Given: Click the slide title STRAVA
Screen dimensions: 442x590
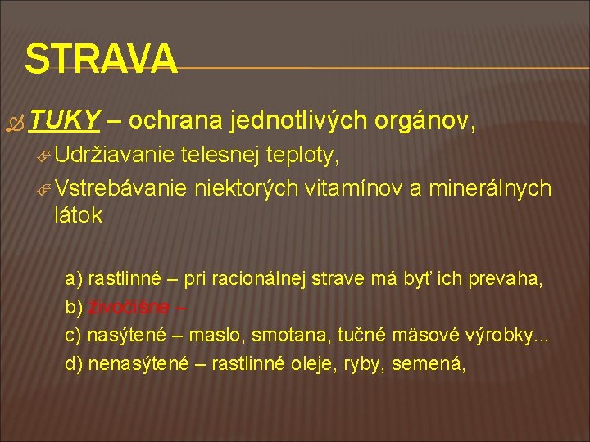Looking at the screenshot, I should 101,58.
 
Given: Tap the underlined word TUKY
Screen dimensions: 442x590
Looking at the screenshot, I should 64,121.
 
